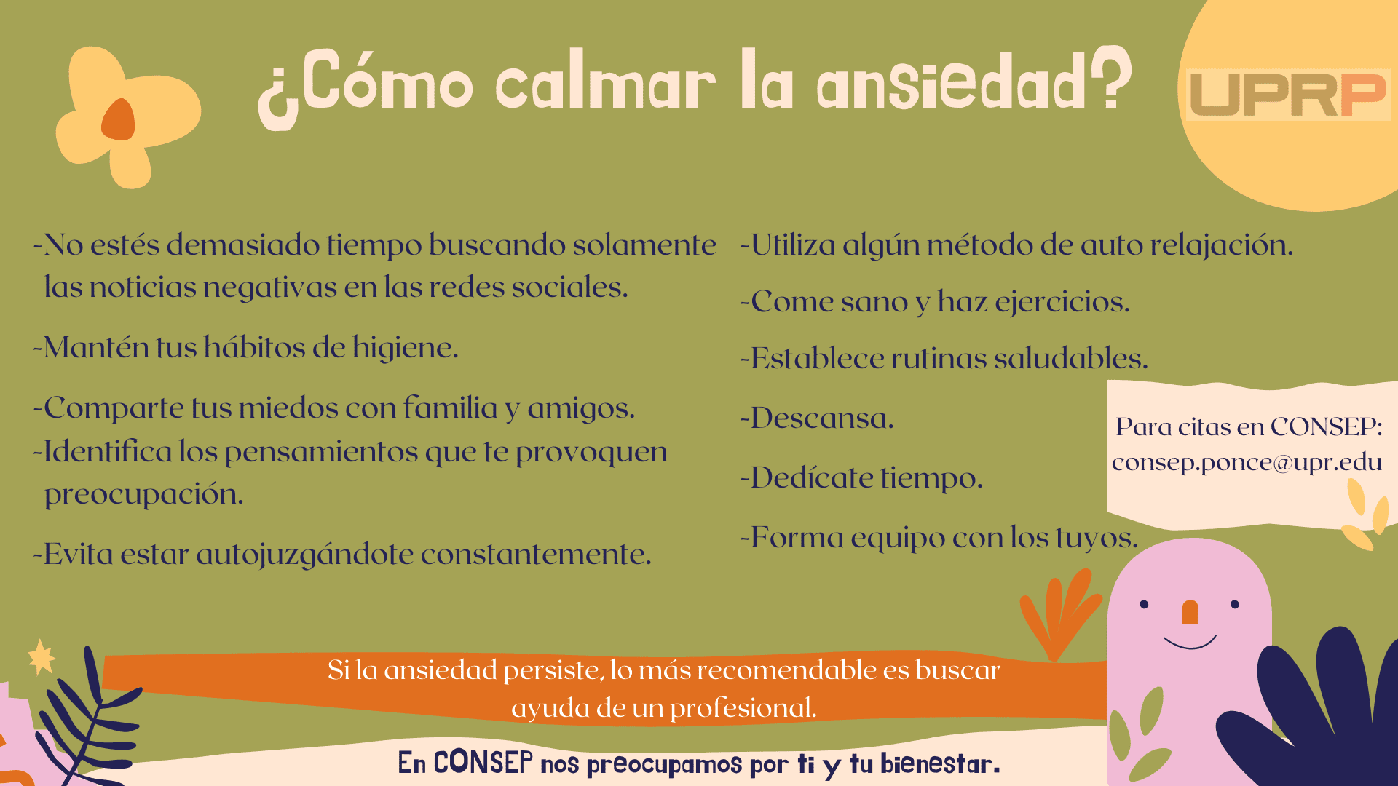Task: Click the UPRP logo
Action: [1288, 95]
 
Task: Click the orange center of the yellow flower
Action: [119, 120]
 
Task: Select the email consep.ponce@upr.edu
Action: [1247, 462]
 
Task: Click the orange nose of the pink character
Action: [1190, 612]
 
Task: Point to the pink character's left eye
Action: [1144, 604]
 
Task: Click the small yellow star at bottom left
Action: [42, 657]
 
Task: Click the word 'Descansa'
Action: [821, 418]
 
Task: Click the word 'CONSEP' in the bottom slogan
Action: [483, 763]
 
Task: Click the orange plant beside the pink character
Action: [1059, 614]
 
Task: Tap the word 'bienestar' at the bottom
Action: [940, 763]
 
